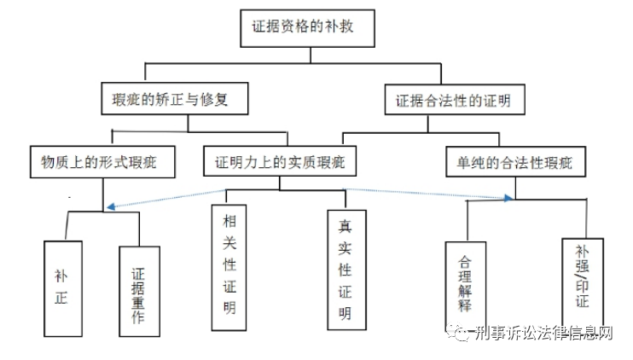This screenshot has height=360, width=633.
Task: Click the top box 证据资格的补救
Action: tap(308, 29)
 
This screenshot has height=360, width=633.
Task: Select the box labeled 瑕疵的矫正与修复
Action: tap(175, 98)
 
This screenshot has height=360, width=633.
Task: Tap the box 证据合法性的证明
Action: tap(455, 100)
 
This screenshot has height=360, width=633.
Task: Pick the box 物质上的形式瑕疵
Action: tap(102, 162)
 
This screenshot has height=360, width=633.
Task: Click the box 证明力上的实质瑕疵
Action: tap(280, 161)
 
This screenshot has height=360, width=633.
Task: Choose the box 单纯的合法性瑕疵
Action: tap(515, 162)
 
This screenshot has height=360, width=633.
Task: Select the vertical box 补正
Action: tap(63, 289)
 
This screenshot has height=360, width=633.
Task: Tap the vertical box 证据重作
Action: tap(139, 292)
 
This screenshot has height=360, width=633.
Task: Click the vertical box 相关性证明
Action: tap(229, 268)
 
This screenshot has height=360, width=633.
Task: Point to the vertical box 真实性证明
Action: tap(346, 270)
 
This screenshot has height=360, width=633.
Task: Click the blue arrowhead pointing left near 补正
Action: tap(111, 206)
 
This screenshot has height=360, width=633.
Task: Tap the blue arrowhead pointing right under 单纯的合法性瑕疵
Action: tap(508, 198)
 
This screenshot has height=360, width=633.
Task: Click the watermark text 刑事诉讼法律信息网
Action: tap(543, 333)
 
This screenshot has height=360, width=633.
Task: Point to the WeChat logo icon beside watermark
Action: tap(459, 333)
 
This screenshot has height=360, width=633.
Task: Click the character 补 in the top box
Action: tap(332, 26)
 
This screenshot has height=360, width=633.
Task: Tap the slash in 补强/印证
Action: tap(582, 276)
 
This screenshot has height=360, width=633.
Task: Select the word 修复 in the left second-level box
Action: tap(214, 99)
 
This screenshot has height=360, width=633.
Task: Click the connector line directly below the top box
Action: tap(311, 55)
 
